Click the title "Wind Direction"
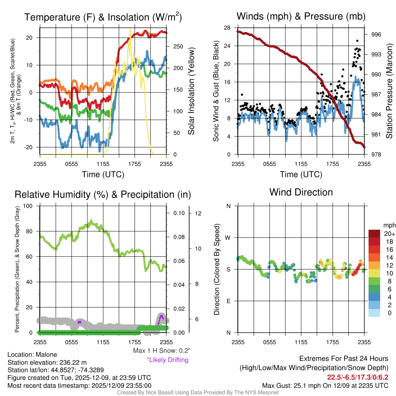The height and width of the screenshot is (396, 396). (x=301, y=192)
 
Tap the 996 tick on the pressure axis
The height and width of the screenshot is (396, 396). (x=376, y=34)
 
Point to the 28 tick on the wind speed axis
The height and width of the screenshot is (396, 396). (x=227, y=27)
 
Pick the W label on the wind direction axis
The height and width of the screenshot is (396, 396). (x=228, y=237)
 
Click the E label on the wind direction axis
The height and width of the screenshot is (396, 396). (x=228, y=301)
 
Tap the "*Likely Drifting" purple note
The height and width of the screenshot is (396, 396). (x=167, y=360)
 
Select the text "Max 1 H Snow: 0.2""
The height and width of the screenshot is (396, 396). (x=161, y=351)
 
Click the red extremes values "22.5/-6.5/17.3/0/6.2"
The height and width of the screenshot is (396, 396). (x=358, y=377)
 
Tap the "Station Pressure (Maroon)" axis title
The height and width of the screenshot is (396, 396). (x=389, y=90)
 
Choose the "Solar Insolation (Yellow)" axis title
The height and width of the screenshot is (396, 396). (x=191, y=91)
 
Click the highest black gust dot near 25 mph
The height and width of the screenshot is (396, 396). (x=357, y=41)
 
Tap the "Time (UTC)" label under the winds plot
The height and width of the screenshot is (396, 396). (x=301, y=174)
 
